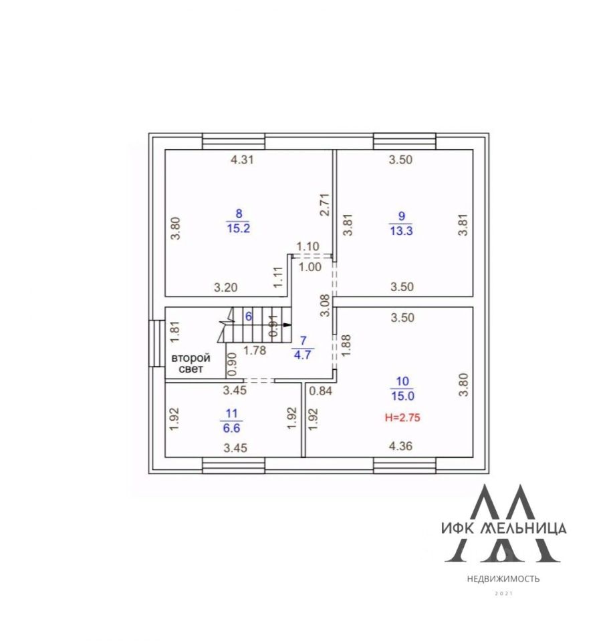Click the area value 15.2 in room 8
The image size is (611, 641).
coord(239,227)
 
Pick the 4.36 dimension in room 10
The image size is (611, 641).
coord(400,447)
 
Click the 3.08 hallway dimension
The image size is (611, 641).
coord(324,304)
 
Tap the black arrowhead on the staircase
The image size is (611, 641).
coord(287,325)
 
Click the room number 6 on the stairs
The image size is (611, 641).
coord(249,316)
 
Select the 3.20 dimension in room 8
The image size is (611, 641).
coord(226,288)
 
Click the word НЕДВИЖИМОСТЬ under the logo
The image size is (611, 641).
coord(503,579)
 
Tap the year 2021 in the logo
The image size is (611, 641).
coord(503,593)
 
